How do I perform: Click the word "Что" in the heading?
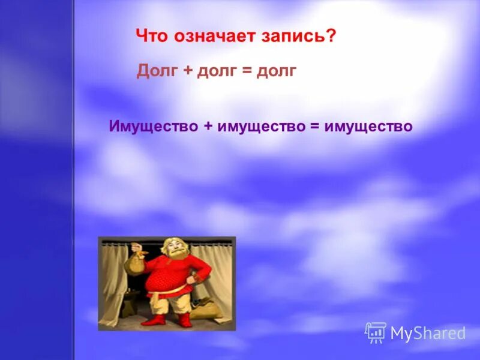(x=152, y=36)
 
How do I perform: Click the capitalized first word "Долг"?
(x=158, y=71)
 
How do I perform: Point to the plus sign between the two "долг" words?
(x=188, y=71)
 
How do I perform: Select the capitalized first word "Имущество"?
(x=154, y=127)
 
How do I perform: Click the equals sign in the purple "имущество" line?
(x=315, y=127)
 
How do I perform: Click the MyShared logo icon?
(x=376, y=332)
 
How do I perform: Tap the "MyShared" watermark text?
(x=428, y=334)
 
